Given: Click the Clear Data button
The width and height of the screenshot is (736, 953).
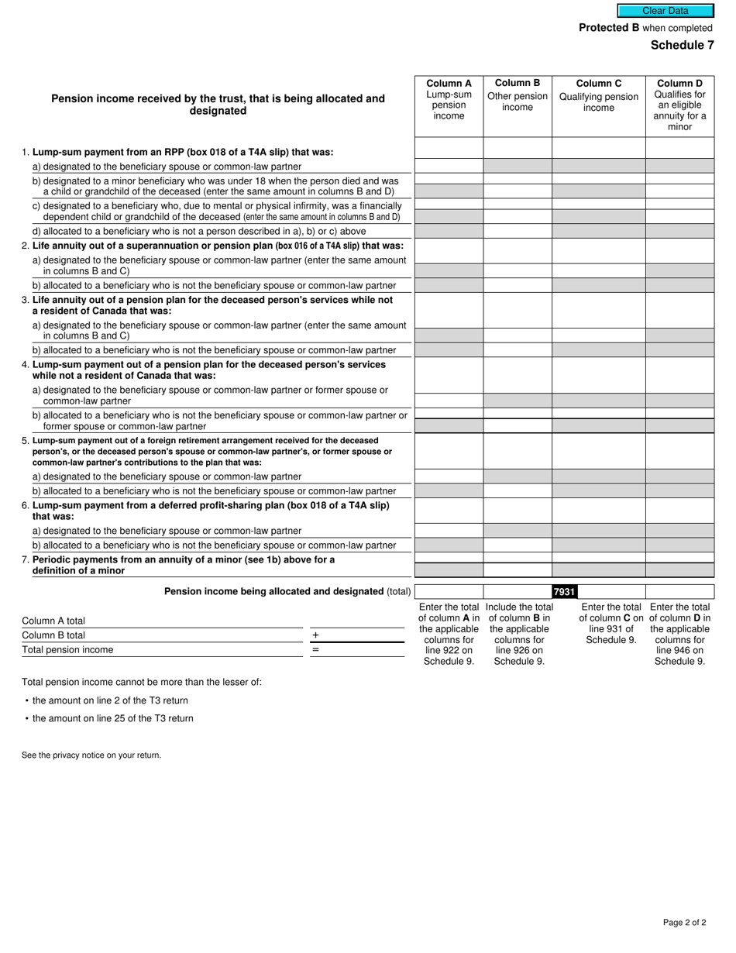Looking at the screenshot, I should coord(665,11).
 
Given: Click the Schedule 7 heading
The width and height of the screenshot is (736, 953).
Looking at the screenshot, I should coord(682,45).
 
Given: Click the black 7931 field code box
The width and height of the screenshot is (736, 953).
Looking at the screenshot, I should coord(565,592).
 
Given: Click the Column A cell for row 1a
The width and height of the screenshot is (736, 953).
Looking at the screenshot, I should coord(449,166).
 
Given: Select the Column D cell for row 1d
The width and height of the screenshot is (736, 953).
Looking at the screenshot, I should coord(679,231).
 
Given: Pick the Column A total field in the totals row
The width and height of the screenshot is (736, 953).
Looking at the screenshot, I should coord(449,592).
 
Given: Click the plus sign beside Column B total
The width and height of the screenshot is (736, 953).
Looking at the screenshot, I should coord(315,635).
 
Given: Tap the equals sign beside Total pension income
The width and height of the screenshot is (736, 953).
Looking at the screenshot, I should coord(315,650).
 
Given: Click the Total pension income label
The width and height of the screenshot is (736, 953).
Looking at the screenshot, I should coord(67,650).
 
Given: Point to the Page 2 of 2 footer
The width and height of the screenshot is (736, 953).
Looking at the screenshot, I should coord(684,922).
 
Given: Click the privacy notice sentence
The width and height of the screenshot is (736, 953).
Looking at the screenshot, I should coord(91,755).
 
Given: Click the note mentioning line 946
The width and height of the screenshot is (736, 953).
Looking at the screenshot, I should coord(679,634).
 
